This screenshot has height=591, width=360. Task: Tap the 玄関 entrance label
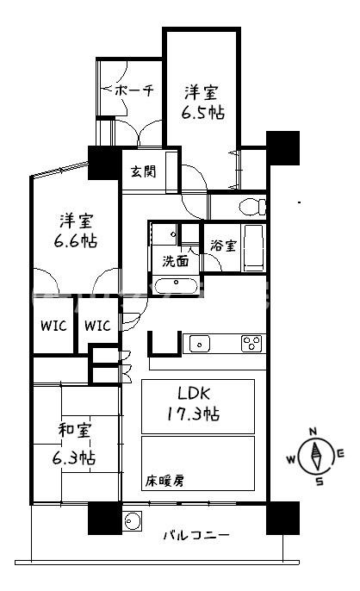pos(144,171)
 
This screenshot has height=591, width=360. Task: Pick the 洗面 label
pos(177,258)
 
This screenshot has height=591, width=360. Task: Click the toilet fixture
pos(252,207)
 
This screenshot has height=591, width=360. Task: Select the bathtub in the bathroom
pos(252,247)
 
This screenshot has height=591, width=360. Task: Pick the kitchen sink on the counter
pos(199,344)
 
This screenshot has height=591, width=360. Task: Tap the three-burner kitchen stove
pos(251,343)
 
